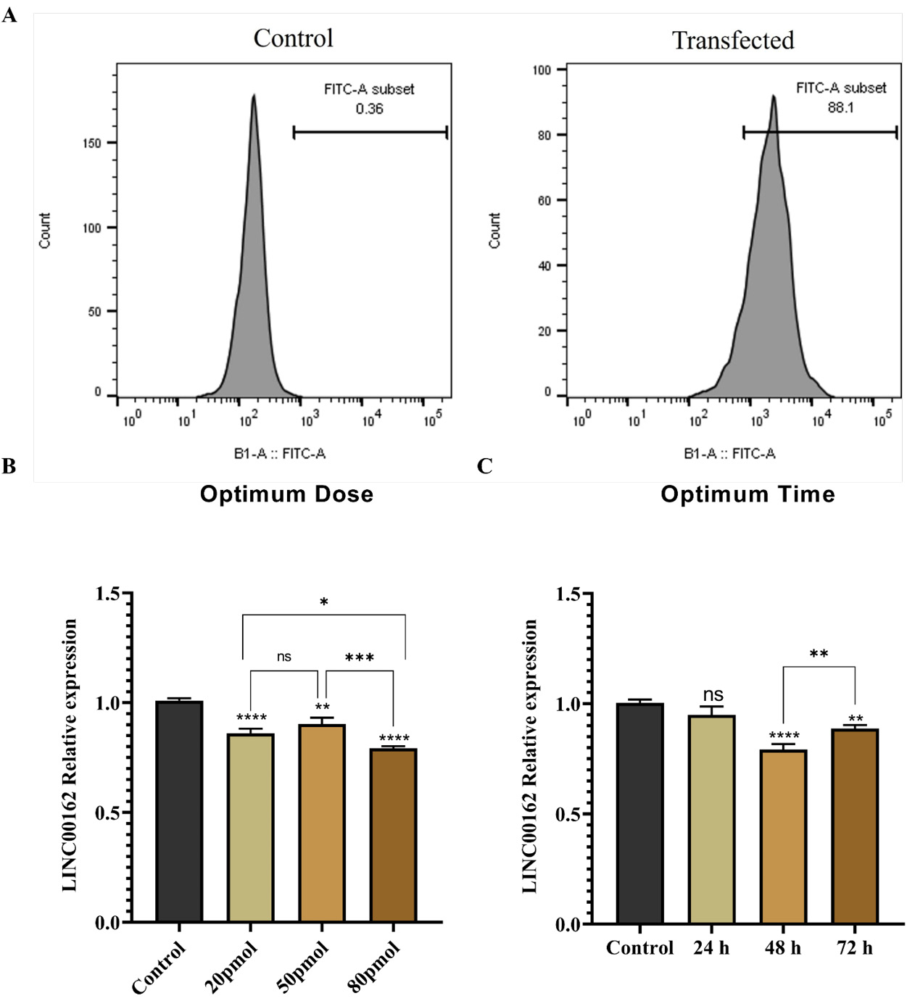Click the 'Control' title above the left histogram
293,38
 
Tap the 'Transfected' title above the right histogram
733,41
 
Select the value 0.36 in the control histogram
369,108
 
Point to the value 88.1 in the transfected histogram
840,107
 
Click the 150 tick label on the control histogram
92,144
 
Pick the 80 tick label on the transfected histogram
545,136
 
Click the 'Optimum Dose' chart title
287,494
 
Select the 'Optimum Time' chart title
747,494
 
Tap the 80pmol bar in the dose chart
394,835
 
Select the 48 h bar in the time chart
783,836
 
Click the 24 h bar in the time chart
711,819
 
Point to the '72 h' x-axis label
855,948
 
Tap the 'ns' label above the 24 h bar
713,695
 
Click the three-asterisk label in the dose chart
360,658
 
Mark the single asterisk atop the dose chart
324,602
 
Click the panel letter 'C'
485,467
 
